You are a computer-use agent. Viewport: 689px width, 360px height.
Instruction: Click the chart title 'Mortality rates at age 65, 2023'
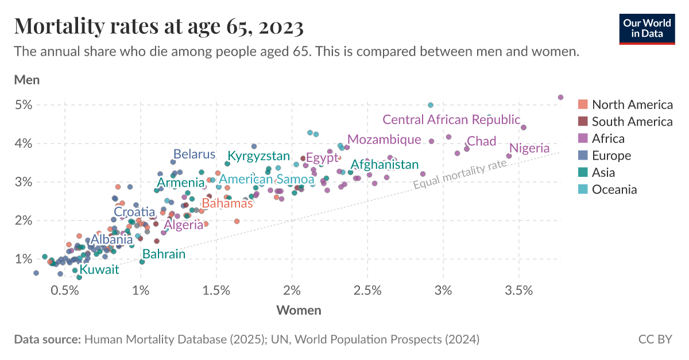tap(158, 26)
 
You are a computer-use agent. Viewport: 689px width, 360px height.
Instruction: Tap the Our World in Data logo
tap(647, 26)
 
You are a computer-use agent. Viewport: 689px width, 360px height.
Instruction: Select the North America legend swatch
tap(583, 104)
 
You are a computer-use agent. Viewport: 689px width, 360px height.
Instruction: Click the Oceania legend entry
tap(614, 189)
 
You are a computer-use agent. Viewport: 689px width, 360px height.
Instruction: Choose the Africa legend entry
tap(608, 138)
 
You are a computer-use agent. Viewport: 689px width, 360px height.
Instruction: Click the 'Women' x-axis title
tap(299, 311)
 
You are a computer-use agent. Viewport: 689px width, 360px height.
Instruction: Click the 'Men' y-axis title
tap(26, 80)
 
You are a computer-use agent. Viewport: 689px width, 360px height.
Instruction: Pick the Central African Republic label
tap(451, 120)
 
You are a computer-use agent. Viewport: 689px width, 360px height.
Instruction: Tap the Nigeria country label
tap(529, 148)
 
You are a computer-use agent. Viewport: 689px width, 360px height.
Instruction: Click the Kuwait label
tap(99, 269)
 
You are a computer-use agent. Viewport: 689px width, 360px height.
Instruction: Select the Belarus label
tap(194, 154)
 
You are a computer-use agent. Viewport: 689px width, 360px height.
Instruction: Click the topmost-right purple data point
tap(561, 97)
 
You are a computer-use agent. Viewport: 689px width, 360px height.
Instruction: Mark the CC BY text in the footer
tap(655, 339)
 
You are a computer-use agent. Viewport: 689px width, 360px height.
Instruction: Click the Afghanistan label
tap(385, 165)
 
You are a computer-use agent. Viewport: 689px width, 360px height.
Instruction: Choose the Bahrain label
tap(164, 254)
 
